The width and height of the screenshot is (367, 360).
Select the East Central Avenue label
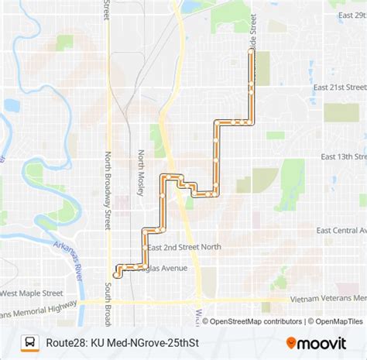click(341, 230)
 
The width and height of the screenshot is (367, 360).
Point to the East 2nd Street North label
click(184, 247)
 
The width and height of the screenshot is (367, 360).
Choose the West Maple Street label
click(33, 293)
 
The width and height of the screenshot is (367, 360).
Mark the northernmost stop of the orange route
click(250, 50)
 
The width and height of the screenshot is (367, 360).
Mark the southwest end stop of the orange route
click(116, 274)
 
